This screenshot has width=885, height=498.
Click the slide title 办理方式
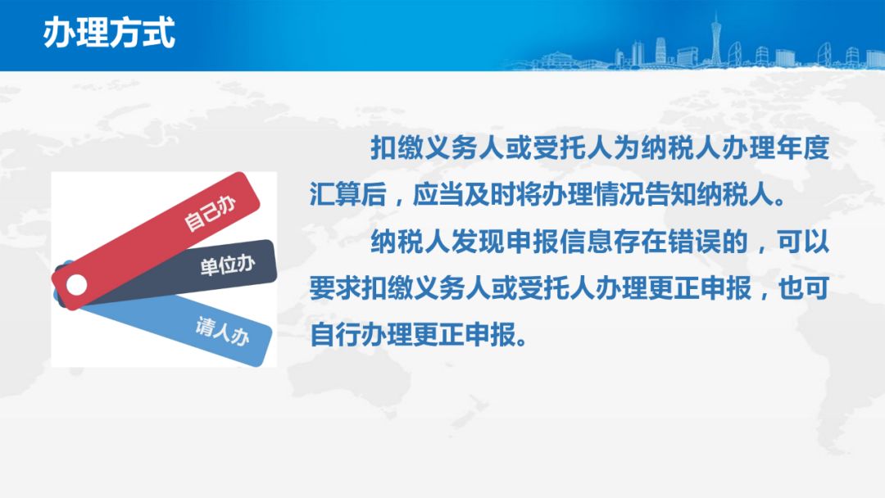coord(109,32)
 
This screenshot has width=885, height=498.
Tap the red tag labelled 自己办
coord(156,240)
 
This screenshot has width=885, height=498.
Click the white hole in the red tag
coord(77,285)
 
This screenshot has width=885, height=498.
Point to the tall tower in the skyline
coord(715,39)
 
